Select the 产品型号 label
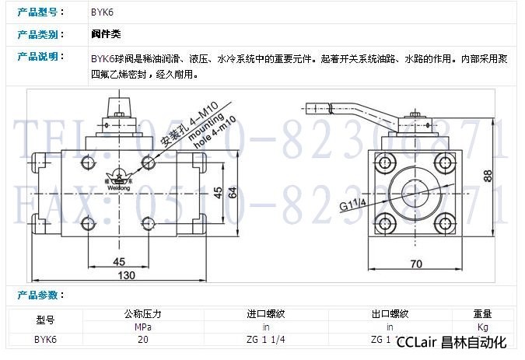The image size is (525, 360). click(x=37, y=12)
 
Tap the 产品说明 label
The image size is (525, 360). click(x=37, y=57)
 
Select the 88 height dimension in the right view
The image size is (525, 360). click(x=488, y=176)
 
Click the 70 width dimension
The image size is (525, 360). click(x=417, y=264)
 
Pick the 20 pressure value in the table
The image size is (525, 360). click(x=143, y=339)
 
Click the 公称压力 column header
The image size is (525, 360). click(x=143, y=314)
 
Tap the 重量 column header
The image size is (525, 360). click(x=482, y=314)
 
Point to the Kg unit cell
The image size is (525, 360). click(x=482, y=327)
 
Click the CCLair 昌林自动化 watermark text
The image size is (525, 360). click(x=451, y=342)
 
